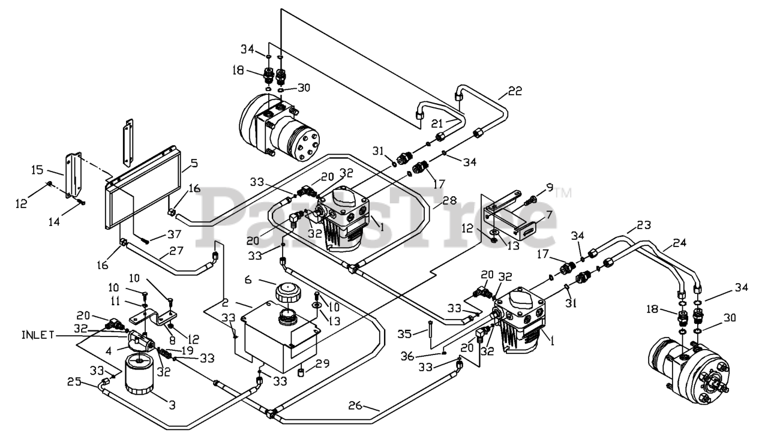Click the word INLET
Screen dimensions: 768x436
pos(38,335)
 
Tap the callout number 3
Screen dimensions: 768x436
pos(172,405)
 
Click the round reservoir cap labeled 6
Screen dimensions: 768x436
pos(288,293)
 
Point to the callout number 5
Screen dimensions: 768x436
pos(194,163)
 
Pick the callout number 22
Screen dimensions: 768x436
pos(515,91)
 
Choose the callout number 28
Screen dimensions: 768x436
pos(449,200)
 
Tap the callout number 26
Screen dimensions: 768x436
pos(355,405)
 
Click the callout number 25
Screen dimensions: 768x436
pos(74,381)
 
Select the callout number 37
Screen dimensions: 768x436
pos(174,234)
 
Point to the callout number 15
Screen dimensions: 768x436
pos(37,170)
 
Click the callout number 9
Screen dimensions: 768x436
pos(550,187)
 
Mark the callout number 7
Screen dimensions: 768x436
pos(549,215)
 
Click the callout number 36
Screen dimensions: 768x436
pos(407,356)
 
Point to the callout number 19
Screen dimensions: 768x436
pos(187,350)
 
